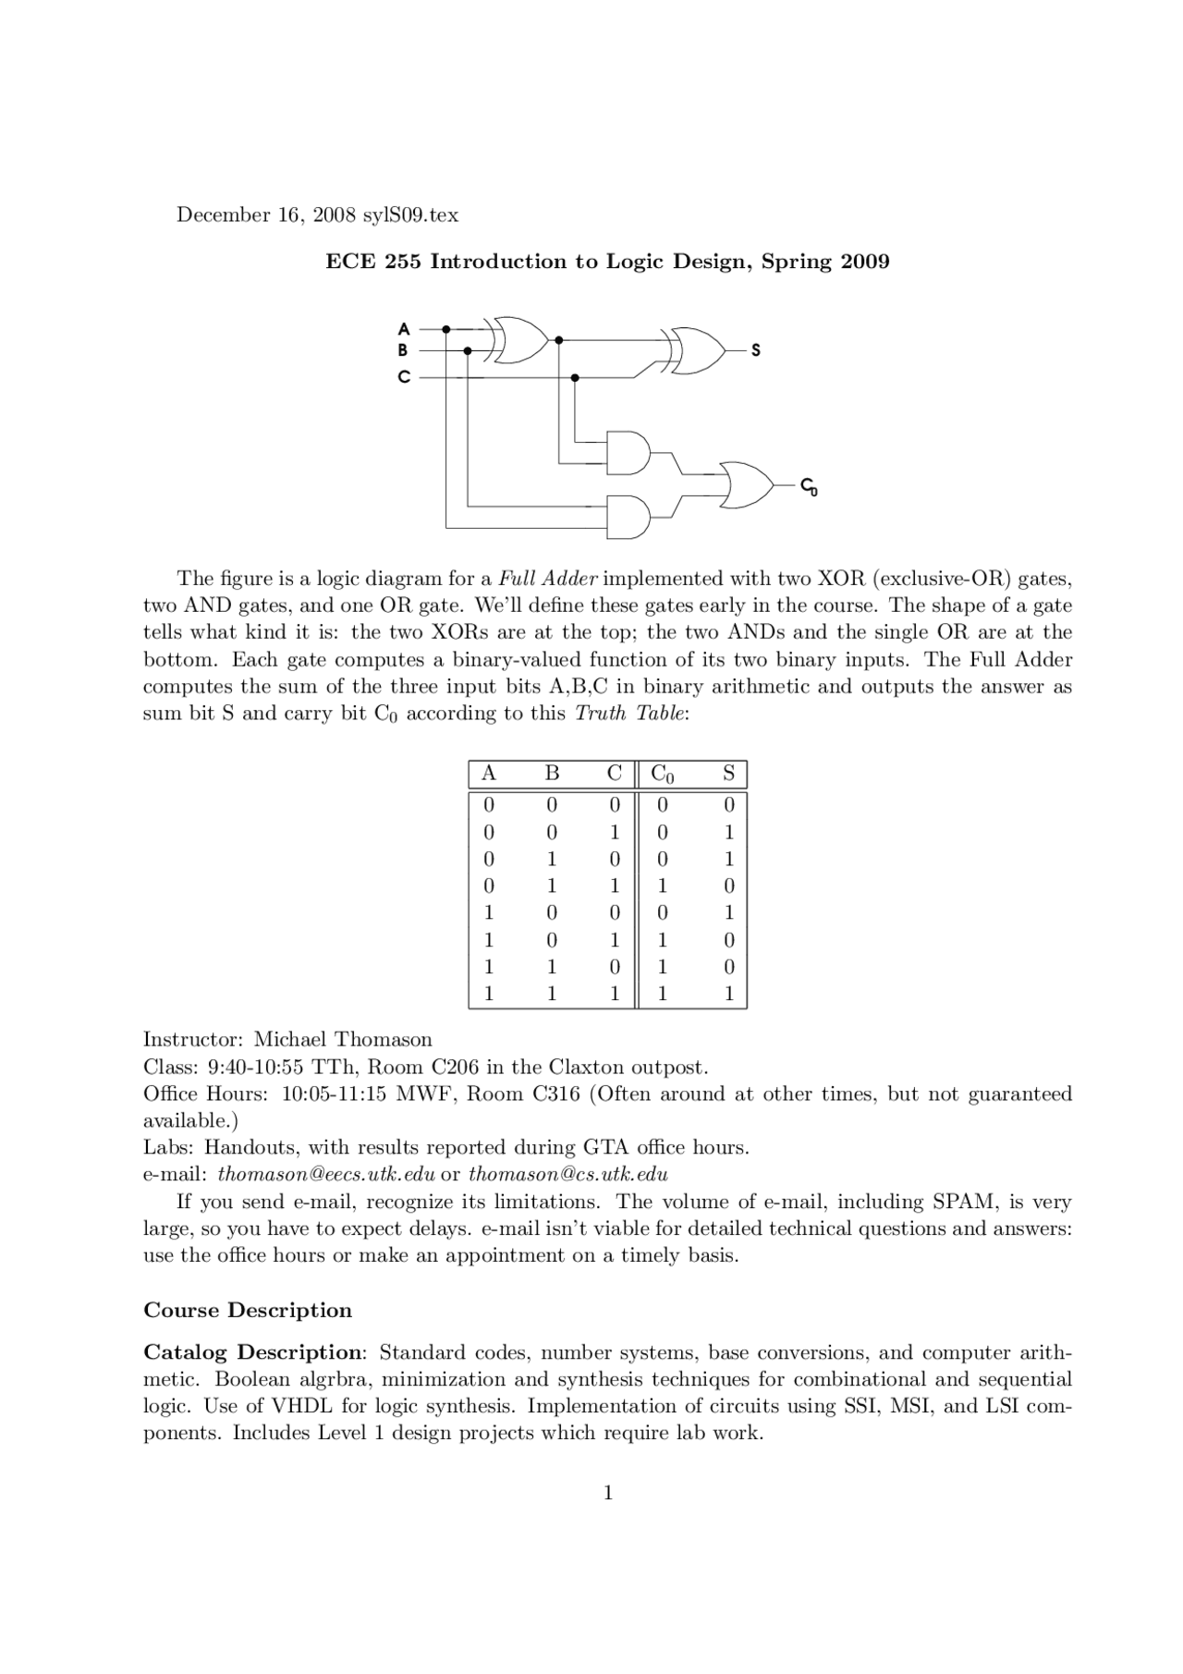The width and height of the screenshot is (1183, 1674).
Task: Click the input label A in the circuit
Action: tap(403, 328)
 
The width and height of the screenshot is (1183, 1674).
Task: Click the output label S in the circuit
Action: tap(755, 350)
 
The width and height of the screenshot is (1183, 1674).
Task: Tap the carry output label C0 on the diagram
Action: tap(808, 486)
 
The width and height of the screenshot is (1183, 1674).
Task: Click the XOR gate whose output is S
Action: tap(698, 350)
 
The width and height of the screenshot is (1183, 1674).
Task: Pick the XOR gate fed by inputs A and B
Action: tap(519, 339)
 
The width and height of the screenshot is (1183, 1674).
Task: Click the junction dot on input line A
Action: tap(446, 328)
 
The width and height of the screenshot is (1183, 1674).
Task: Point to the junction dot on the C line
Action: tap(575, 377)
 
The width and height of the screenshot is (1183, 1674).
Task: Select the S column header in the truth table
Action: tap(728, 774)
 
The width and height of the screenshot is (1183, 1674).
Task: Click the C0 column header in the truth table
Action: tap(662, 774)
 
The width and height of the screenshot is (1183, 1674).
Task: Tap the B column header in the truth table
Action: tap(552, 774)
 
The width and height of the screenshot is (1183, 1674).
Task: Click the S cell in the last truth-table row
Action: tap(728, 995)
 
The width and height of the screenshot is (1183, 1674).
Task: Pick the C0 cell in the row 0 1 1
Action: tap(662, 886)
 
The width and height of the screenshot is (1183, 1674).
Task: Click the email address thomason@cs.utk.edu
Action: tap(567, 1174)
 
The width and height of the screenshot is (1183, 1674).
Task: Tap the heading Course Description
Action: tap(248, 1310)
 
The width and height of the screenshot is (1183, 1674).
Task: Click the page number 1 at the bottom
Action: tap(607, 1492)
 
